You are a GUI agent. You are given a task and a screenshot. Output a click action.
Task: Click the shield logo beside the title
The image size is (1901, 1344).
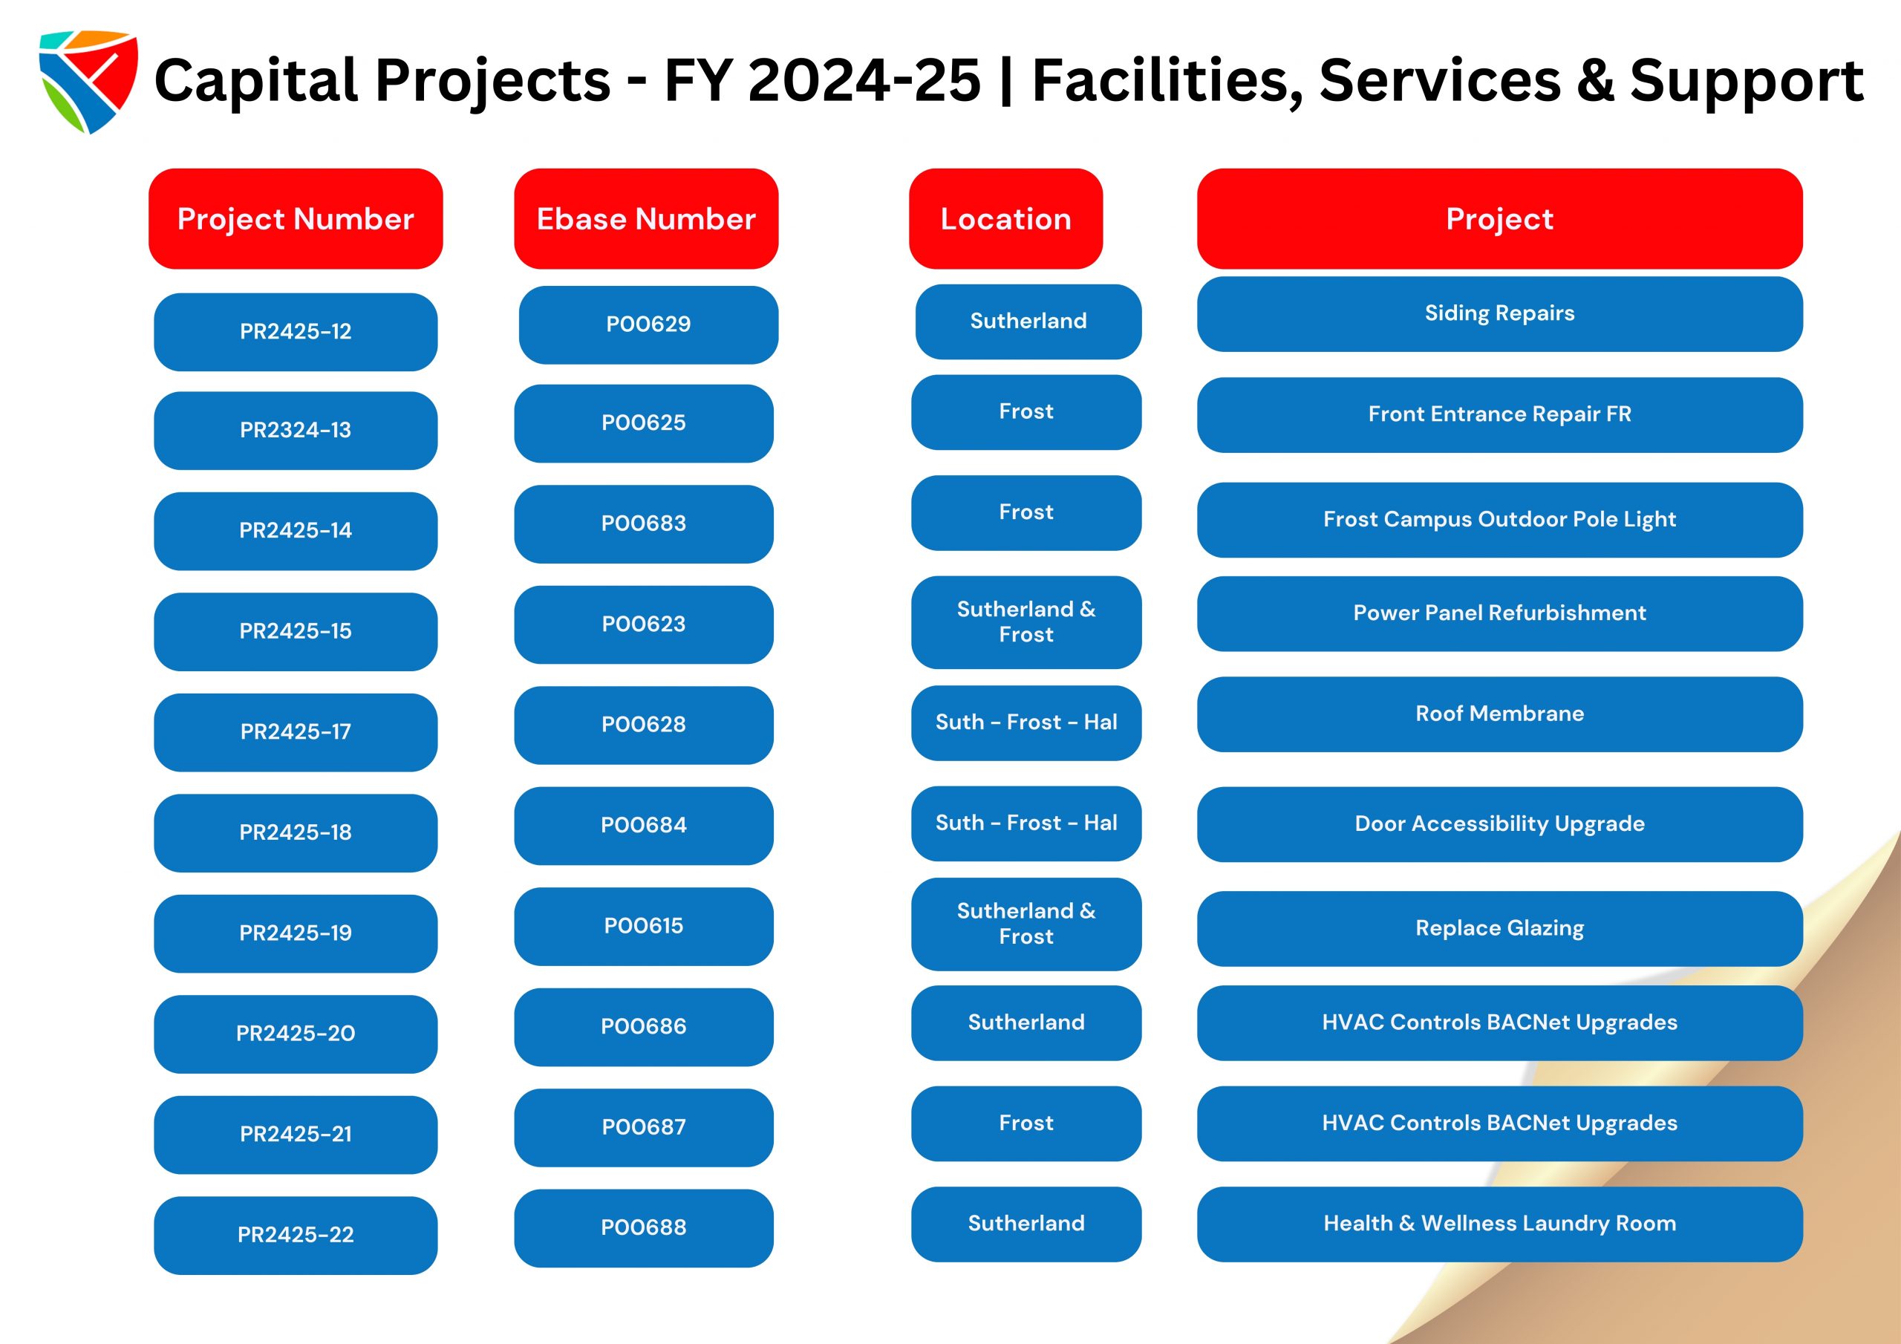point(88,81)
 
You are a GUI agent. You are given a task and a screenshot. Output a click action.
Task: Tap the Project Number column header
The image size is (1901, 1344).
point(296,218)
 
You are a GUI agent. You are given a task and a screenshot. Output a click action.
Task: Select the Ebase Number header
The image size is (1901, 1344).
point(646,218)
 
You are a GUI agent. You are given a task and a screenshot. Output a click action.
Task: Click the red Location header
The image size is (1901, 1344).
point(1006,218)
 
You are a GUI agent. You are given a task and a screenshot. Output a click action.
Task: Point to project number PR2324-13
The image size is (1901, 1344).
point(296,431)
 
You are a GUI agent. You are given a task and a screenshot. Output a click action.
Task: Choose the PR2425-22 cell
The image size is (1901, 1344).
point(296,1236)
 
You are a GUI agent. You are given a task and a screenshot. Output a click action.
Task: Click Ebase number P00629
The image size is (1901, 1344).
point(648,324)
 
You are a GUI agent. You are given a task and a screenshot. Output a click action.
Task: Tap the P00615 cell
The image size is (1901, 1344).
point(644,927)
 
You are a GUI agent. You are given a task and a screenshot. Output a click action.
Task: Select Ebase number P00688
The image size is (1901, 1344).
point(644,1228)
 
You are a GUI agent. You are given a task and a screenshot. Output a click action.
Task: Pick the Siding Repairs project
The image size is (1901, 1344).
point(1499,314)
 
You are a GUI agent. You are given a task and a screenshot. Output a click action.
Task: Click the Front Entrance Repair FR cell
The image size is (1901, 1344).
point(1499,415)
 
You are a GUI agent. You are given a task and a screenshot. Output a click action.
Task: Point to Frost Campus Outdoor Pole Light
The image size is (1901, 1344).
point(1499,520)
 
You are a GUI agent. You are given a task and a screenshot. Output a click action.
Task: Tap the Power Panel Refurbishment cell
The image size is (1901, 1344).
point(1499,613)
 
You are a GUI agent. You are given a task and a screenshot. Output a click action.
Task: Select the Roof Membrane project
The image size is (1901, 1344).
point(1499,714)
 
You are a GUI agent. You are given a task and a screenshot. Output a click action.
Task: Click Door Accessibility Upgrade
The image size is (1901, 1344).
point(1499,825)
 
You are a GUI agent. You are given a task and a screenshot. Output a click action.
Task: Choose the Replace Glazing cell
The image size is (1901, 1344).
point(1499,929)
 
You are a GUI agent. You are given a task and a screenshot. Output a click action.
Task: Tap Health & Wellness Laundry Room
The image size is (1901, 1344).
point(1499,1224)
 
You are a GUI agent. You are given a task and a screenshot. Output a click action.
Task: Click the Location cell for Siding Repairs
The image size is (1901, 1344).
point(1028,322)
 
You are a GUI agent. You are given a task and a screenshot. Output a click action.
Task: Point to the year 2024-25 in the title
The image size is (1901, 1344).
point(864,80)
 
